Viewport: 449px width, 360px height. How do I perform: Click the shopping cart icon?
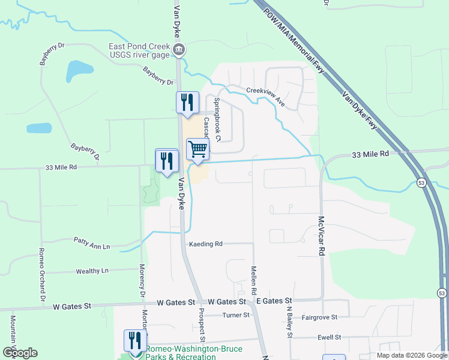[x=197, y=148]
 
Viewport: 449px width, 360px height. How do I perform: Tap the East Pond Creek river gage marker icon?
[x=178, y=49]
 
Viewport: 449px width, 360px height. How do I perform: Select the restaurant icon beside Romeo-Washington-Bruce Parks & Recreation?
[x=133, y=340]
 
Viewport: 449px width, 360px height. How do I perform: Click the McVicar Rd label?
[x=321, y=236]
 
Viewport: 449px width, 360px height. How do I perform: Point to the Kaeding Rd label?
[x=206, y=244]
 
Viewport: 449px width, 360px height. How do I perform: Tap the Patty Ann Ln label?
[x=92, y=246]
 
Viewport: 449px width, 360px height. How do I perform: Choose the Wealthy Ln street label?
[x=92, y=271]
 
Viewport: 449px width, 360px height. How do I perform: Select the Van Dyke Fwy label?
[x=360, y=110]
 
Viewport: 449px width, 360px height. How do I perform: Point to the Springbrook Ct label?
[x=218, y=120]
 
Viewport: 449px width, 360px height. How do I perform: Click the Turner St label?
[x=235, y=315]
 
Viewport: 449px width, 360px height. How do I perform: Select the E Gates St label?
[x=273, y=301]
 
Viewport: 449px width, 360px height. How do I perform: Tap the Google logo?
[x=19, y=353]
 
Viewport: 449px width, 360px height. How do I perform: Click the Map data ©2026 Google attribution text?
[x=411, y=355]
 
